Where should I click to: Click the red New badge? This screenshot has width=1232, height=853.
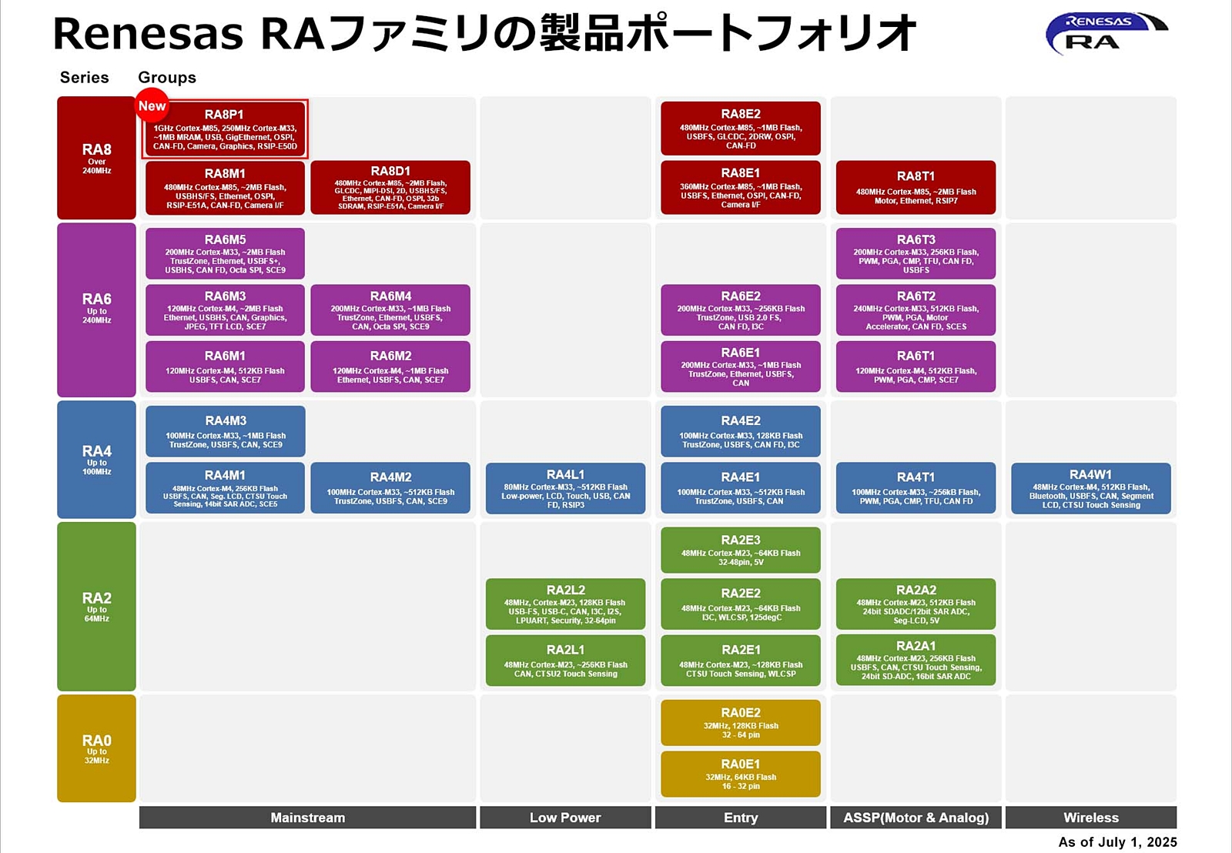click(152, 106)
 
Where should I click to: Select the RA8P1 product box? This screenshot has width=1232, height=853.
click(225, 130)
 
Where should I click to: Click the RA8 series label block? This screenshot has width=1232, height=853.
click(96, 158)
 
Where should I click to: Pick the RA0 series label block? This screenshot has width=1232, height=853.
click(96, 748)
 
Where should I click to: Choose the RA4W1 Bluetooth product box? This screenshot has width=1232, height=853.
click(1090, 488)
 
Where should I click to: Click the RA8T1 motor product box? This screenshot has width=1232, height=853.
click(916, 187)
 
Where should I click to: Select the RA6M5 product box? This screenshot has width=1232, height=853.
click(225, 253)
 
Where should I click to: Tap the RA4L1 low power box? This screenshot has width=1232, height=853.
click(565, 488)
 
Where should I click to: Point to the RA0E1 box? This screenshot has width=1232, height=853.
click(740, 774)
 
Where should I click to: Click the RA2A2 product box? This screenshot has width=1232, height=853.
click(916, 604)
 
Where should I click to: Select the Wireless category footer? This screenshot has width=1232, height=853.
click(1090, 818)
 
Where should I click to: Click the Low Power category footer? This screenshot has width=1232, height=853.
click(565, 818)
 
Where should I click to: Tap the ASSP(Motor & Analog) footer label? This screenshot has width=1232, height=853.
click(916, 818)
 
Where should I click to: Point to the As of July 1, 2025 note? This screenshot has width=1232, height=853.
click(1116, 841)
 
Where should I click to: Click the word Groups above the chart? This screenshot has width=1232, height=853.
click(167, 78)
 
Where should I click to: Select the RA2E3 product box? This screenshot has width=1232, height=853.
click(740, 550)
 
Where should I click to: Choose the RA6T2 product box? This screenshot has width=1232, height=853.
click(916, 309)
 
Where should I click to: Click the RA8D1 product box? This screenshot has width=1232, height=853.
click(390, 187)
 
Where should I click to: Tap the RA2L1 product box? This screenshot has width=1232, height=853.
click(565, 660)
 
